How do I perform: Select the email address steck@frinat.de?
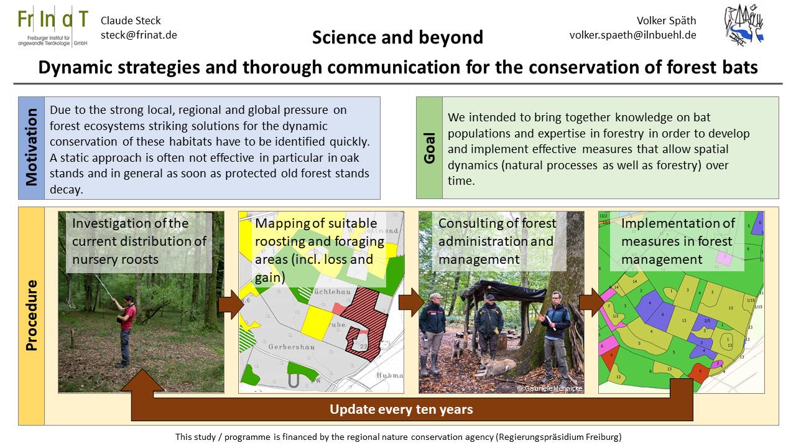(139, 35)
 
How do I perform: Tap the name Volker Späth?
(667, 21)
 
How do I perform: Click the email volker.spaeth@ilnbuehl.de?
(632, 35)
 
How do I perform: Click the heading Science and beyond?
(397, 37)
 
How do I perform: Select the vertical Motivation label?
(32, 147)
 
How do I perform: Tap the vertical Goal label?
(429, 147)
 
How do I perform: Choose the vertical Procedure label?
(32, 315)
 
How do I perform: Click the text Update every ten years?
(401, 409)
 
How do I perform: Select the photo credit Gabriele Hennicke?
(550, 388)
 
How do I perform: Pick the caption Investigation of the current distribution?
(139, 241)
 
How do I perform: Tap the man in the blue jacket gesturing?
(555, 330)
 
